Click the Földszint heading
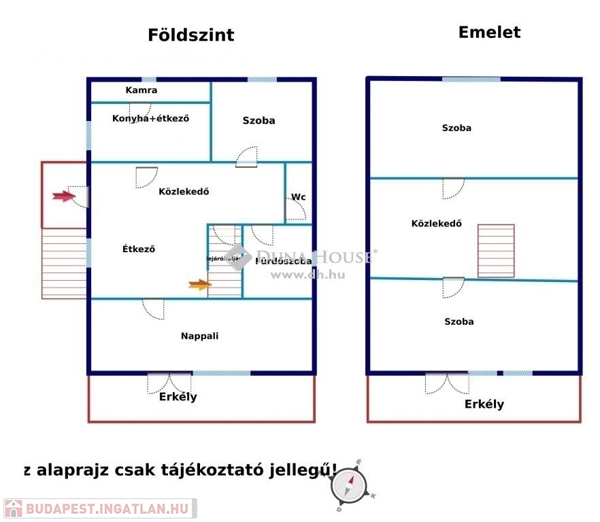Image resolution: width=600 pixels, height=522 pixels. point(190,35)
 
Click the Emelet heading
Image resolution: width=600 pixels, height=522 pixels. point(489,32)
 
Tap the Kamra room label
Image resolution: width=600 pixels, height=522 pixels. point(141,90)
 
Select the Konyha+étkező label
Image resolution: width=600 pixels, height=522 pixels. point(150,118)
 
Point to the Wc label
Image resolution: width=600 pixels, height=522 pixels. point(298,197)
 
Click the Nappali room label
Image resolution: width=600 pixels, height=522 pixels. point(199,335)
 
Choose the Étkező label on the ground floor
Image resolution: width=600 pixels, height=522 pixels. point(139,249)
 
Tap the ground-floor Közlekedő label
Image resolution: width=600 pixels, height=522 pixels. point(184,191)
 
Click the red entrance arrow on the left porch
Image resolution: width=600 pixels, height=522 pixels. point(63,196)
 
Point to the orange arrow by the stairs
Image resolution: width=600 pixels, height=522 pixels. point(199,285)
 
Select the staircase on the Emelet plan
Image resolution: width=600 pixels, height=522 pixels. point(495,251)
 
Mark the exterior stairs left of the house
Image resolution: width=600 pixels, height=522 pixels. point(64,264)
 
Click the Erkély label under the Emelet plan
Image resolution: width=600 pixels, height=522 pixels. point(484,404)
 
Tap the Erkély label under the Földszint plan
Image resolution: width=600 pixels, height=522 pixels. point(178,396)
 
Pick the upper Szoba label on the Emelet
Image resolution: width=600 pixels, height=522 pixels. point(456,128)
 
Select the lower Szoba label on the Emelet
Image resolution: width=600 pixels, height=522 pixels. point(459,321)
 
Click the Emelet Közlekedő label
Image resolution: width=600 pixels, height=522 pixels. point(437,223)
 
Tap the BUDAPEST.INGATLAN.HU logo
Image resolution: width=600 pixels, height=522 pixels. point(99,508)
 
